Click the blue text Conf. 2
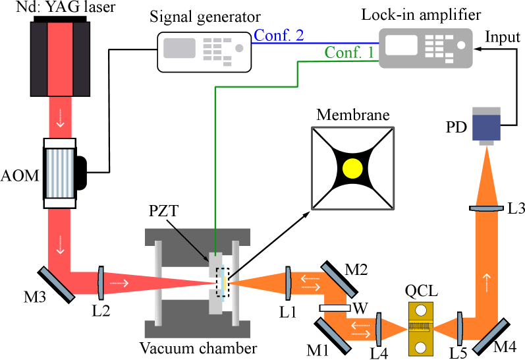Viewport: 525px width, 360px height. point(279,35)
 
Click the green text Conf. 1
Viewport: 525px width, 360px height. point(349,53)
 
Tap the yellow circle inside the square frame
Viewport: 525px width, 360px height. point(352,169)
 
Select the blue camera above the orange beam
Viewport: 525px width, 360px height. point(486,125)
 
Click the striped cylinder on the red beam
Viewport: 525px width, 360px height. point(60,173)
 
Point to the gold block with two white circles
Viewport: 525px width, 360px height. point(420,328)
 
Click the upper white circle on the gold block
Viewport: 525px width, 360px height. point(420,310)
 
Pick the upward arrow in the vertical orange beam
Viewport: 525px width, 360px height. point(486,283)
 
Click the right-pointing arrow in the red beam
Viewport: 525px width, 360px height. point(119,284)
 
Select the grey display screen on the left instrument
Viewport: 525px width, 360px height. point(179,48)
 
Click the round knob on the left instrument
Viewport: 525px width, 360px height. point(239,48)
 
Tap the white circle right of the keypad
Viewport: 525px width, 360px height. point(461,45)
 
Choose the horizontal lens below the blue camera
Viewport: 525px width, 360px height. point(486,208)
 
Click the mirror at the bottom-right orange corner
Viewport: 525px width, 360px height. point(491,336)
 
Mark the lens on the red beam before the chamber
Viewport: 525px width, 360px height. point(101,283)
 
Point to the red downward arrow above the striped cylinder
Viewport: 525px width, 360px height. point(60,122)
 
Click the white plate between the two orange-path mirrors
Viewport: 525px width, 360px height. point(335,308)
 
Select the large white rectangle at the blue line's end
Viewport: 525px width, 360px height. point(401,45)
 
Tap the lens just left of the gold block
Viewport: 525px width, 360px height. point(379,329)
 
